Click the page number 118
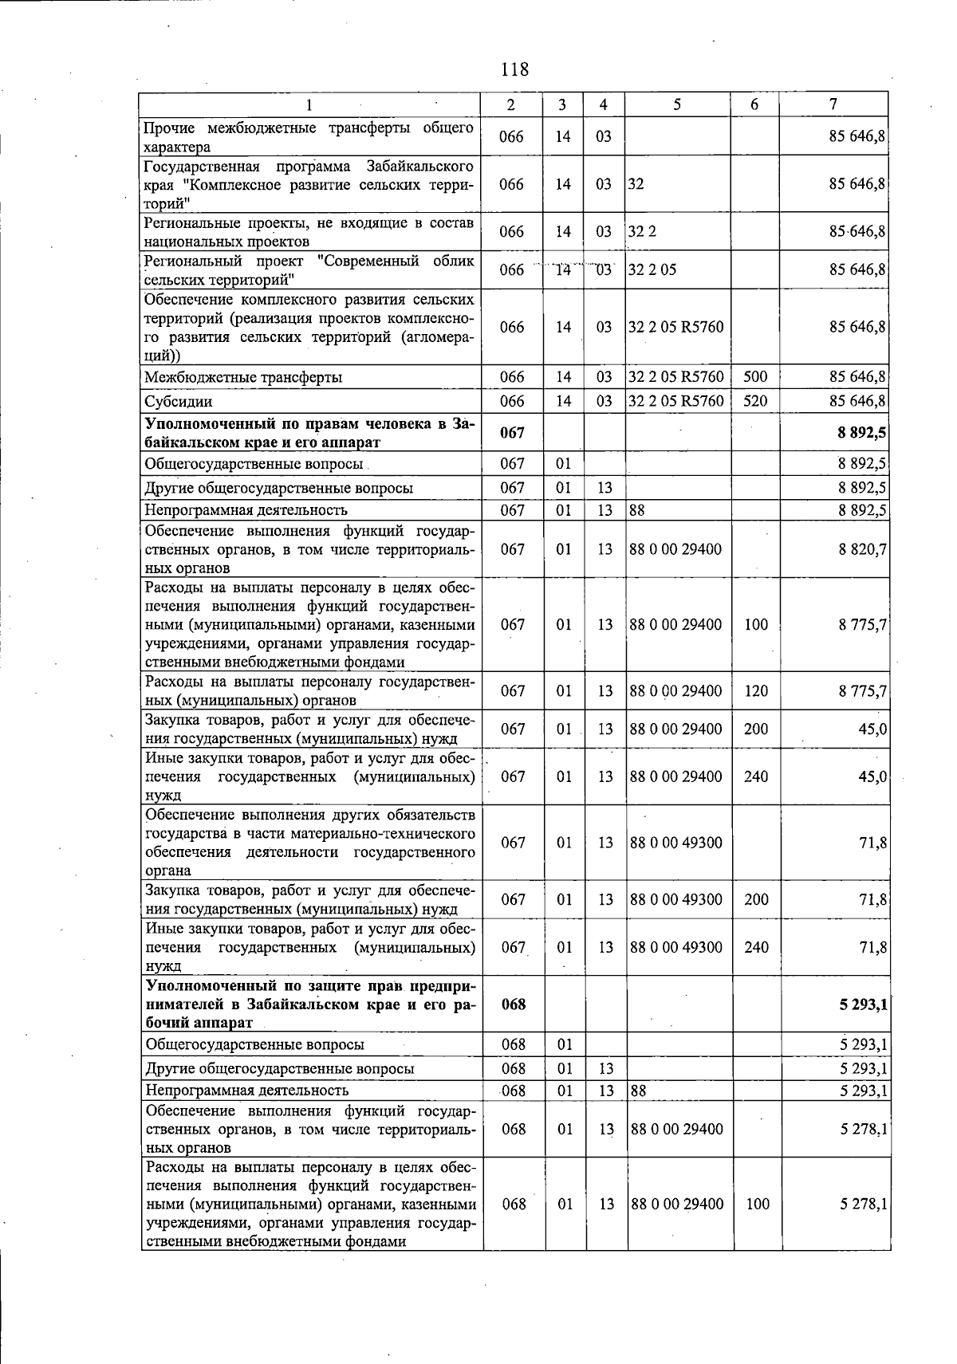coord(514,69)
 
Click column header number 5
coord(676,105)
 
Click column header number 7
coord(833,105)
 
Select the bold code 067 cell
coord(512,432)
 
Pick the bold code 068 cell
coord(514,1004)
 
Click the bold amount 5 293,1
coord(863,1004)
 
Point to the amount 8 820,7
coord(863,549)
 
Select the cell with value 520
coord(755,401)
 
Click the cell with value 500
coord(755,376)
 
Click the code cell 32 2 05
coord(652,269)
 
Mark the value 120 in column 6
coord(755,691)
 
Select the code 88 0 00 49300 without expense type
coord(675,843)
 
